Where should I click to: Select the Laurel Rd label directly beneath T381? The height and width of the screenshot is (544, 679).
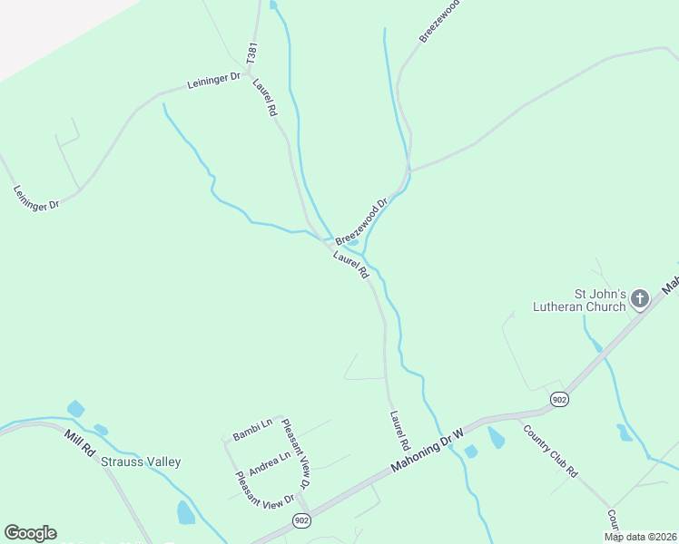click(x=265, y=97)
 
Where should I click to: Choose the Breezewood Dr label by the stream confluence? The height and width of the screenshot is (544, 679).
click(x=361, y=221)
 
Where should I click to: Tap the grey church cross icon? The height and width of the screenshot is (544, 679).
click(x=639, y=298)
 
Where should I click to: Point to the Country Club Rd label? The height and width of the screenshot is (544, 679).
click(x=550, y=449)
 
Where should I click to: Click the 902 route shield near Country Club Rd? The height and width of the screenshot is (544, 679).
click(x=559, y=399)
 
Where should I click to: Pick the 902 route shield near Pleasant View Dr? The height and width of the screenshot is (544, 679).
click(x=302, y=520)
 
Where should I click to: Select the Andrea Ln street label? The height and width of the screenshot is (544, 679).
click(x=269, y=457)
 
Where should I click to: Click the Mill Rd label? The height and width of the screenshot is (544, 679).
click(x=80, y=442)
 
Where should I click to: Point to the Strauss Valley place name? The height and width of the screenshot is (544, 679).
click(x=141, y=461)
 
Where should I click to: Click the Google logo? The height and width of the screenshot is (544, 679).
click(x=30, y=533)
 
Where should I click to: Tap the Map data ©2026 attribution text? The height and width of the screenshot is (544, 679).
click(x=641, y=537)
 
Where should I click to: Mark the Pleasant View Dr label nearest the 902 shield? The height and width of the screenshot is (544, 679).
click(x=265, y=488)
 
